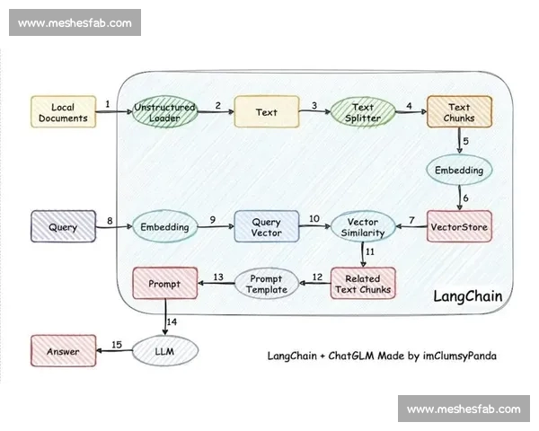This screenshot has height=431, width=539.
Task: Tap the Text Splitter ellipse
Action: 363,112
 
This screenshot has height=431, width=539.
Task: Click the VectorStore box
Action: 458,226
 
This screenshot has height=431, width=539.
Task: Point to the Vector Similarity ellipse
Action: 363,226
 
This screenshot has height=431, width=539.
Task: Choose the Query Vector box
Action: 266,226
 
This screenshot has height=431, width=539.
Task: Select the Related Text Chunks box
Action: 362,283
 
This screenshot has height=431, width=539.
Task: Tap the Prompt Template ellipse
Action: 267,284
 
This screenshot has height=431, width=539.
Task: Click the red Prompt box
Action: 165,283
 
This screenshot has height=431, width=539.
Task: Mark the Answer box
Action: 63,351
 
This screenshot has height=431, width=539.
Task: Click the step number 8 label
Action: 109,219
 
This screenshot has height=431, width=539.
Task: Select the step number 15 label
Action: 116,344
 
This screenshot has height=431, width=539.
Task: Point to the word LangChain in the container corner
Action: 466,295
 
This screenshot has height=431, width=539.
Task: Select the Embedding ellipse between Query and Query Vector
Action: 164,227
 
